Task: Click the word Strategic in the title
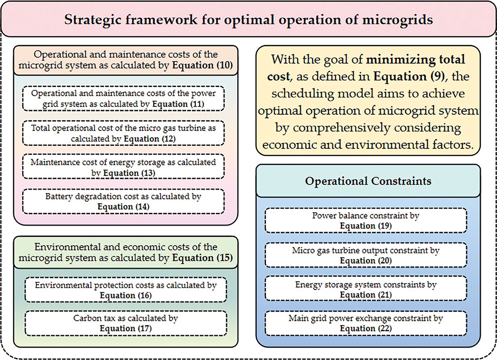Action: pos(93,20)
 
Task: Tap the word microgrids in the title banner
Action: pos(398,20)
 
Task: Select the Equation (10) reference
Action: pos(202,66)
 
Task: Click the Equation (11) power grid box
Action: pos(123,98)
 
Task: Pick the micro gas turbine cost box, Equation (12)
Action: pos(123,133)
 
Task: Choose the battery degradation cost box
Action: pos(123,201)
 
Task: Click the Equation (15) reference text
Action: pos(202,258)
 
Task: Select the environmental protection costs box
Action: pos(126,289)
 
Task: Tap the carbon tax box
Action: pos(126,323)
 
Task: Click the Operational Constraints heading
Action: pos(368,181)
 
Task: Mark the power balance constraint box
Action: pos(366,221)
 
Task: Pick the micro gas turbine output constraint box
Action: pos(366,255)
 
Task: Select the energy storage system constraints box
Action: pos(366,288)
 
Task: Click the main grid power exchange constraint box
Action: pos(366,323)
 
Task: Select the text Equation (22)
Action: pos(366,329)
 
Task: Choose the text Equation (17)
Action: pos(126,329)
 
